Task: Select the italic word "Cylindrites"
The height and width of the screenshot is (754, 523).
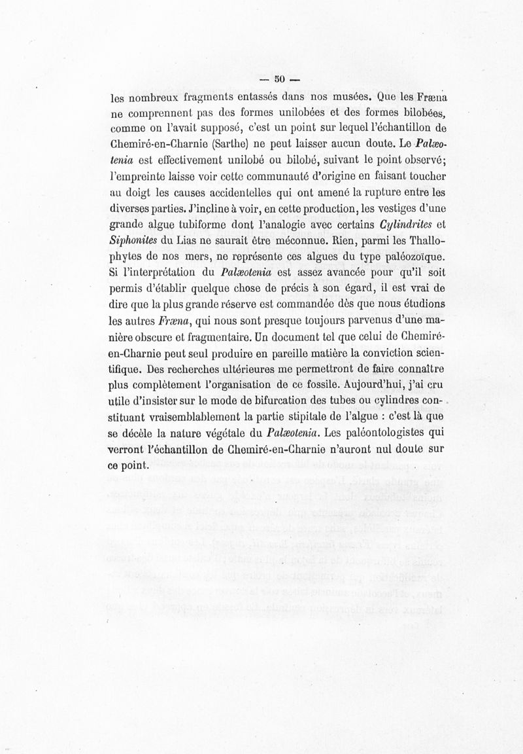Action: pos(405,228)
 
